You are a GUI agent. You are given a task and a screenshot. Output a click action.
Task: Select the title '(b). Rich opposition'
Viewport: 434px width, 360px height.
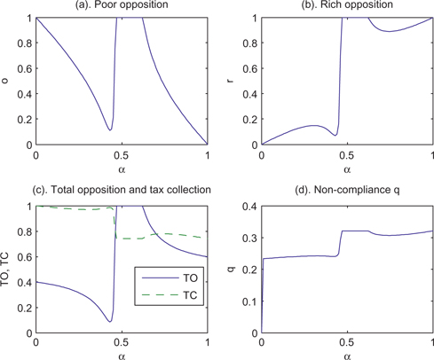pos(348,7)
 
